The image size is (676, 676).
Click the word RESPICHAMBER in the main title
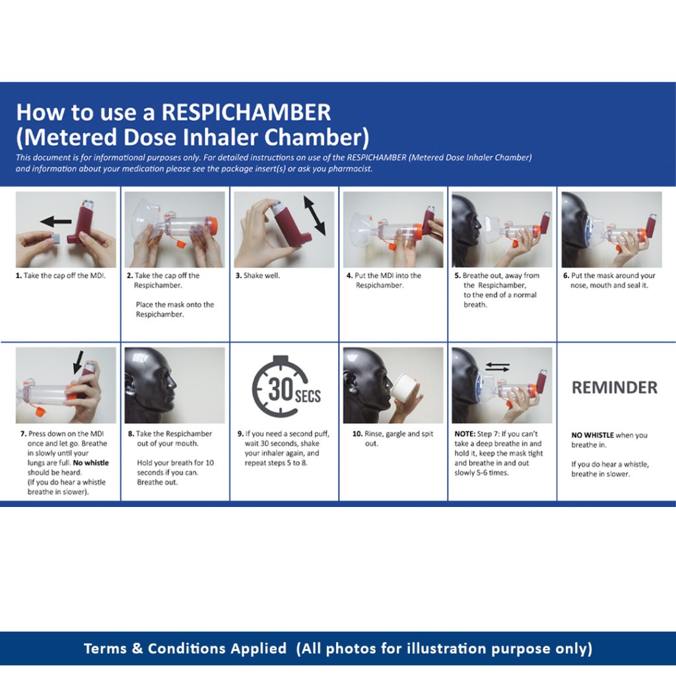point(246,112)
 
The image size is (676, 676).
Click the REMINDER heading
point(614,388)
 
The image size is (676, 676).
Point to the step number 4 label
point(349,276)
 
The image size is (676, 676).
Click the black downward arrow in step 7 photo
point(79,360)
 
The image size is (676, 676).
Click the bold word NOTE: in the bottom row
point(465,434)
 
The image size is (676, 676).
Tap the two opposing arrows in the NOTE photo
point(497,366)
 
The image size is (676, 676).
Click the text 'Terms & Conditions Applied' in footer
point(186,648)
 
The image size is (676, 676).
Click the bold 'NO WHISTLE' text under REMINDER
point(592,436)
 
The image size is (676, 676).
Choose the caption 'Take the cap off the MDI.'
point(65,276)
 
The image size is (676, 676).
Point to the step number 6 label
point(566,276)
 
